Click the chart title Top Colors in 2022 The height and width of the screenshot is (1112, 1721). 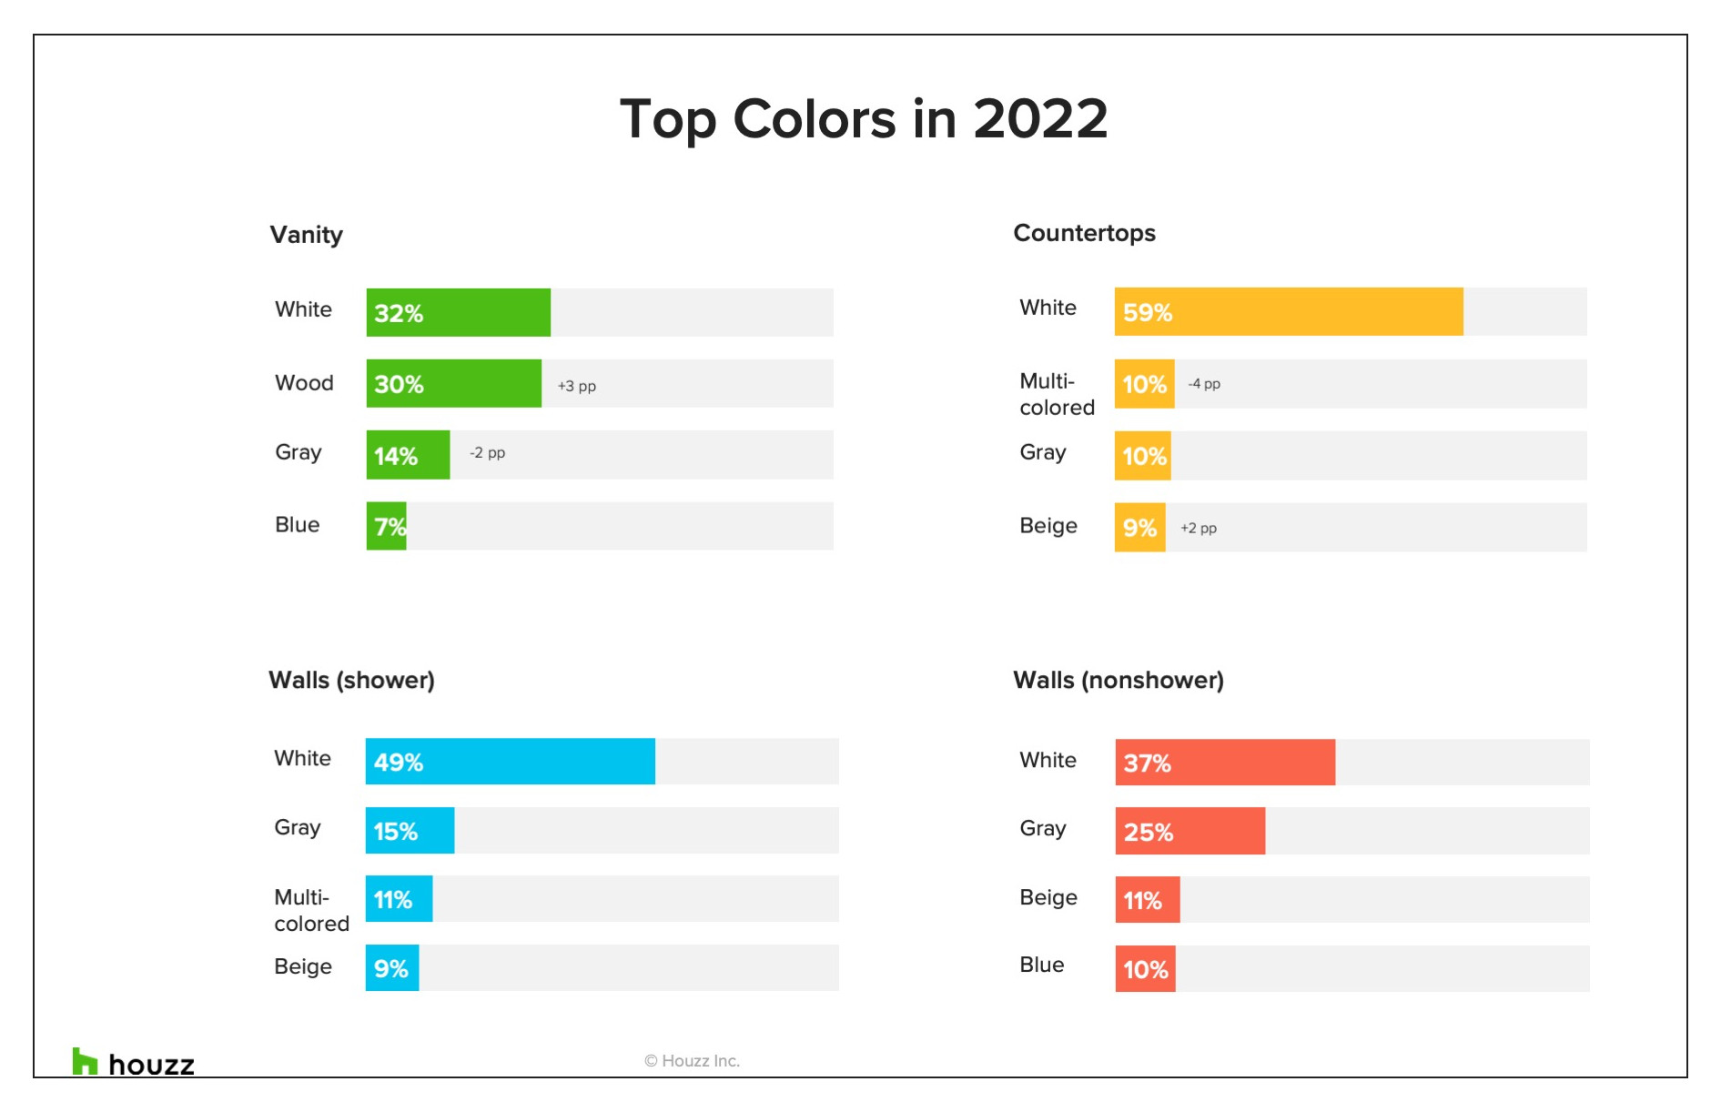pos(863,119)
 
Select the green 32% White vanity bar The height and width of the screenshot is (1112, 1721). pos(458,312)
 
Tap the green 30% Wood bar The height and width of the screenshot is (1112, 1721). pos(453,383)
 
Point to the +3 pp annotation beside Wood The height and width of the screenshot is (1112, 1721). pos(577,386)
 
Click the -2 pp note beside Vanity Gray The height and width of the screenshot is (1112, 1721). pos(487,452)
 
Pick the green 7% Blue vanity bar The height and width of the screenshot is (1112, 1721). pos(386,526)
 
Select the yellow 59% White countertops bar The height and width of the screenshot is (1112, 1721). pos(1289,312)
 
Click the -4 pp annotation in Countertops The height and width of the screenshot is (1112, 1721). pos(1204,384)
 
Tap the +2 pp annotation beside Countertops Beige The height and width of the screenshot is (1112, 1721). pos(1199,528)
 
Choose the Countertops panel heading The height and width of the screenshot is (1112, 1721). pos(1084,233)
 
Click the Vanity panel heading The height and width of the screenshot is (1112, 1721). pos(306,235)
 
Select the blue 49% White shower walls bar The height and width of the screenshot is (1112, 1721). pos(510,762)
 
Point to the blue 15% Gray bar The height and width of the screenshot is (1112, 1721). pos(410,831)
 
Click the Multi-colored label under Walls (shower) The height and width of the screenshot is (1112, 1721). pos(311,910)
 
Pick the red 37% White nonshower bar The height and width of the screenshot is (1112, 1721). pos(1225,763)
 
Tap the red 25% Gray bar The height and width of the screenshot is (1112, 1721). pos(1190,831)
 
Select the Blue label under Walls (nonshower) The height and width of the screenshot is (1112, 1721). pos(1042,965)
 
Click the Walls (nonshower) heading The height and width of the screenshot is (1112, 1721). pos(1119,681)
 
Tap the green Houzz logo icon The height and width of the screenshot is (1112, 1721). pos(85,1061)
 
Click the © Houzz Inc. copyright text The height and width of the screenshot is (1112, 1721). pos(692,1061)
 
